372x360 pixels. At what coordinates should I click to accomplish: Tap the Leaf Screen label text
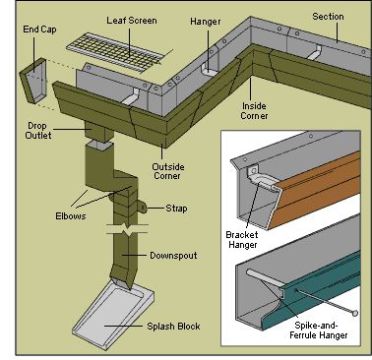point(130,20)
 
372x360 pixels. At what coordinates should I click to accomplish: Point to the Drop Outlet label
point(37,131)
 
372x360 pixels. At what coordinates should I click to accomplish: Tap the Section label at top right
point(328,17)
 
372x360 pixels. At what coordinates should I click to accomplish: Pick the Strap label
point(173,208)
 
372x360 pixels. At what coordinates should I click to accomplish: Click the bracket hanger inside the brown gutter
point(264,180)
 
